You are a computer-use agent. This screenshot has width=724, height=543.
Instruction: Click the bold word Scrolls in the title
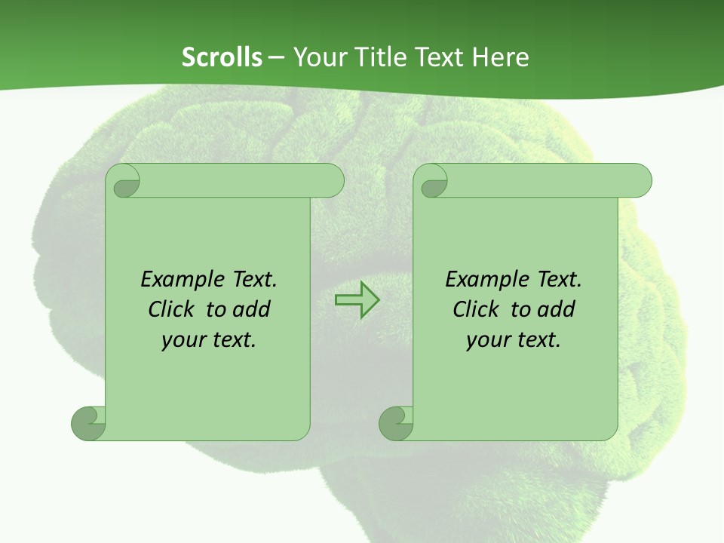222,57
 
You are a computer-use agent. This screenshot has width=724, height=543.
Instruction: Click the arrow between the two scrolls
357,301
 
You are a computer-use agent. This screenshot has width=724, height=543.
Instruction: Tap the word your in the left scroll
183,340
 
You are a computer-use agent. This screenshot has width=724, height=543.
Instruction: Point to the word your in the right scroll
488,340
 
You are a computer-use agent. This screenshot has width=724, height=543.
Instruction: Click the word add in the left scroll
251,309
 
